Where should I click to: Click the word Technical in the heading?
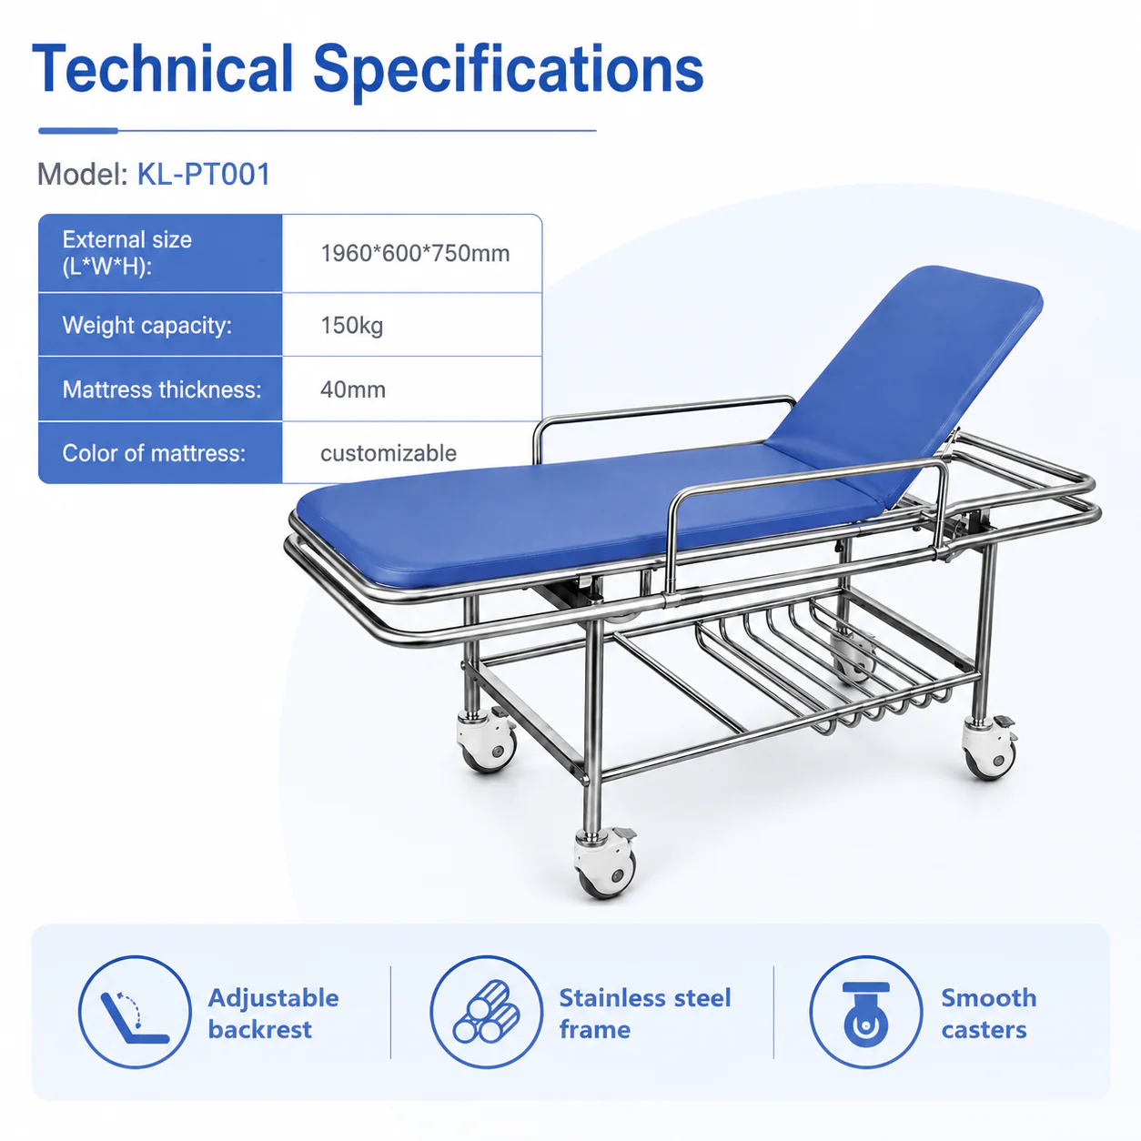point(163,68)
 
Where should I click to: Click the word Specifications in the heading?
point(508,72)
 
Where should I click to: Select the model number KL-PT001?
point(204,174)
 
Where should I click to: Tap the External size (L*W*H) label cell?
point(160,253)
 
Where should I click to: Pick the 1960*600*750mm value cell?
point(412,253)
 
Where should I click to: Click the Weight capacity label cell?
point(160,325)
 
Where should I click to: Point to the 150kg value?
point(352,325)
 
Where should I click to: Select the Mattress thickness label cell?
point(160,389)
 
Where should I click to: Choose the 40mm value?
point(353,389)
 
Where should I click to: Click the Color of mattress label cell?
point(160,453)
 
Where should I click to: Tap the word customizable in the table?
point(389,453)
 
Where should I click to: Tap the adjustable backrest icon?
point(135,1012)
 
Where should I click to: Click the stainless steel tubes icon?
point(486,1012)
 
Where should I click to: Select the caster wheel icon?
point(865,1012)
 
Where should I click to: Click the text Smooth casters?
point(989,1014)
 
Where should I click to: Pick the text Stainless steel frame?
point(645,1014)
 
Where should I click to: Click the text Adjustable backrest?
point(273,1014)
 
